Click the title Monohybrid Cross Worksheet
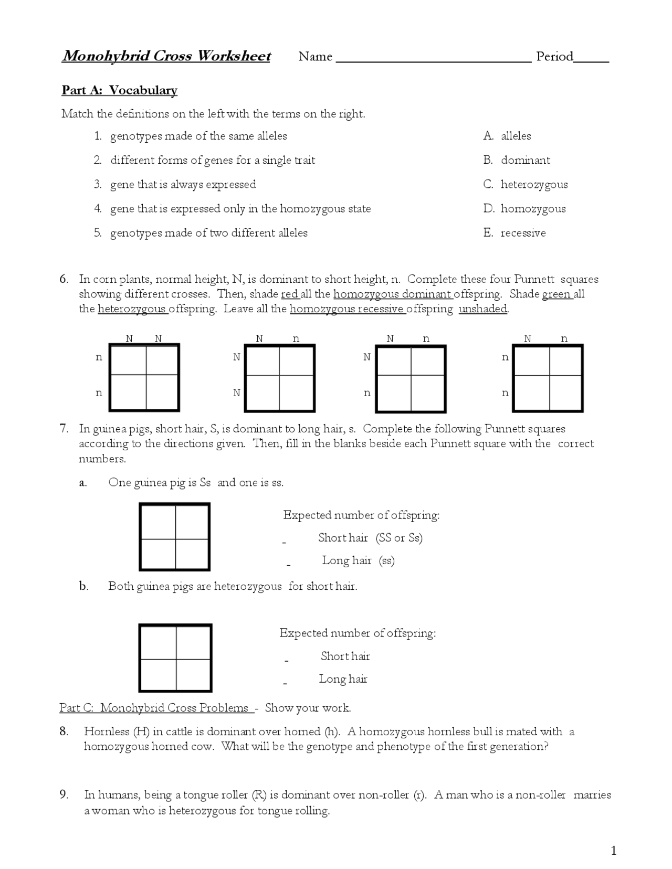click(166, 56)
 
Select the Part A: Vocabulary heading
click(120, 90)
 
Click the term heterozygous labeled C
click(534, 184)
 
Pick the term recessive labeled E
click(523, 233)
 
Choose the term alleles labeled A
click(516, 136)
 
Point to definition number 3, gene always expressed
click(183, 184)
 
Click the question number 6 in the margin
click(64, 279)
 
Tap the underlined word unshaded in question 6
click(483, 309)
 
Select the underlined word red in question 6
click(289, 294)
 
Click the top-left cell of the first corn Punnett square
click(129, 360)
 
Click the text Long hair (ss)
click(358, 560)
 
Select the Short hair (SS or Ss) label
click(370, 538)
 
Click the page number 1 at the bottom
click(613, 851)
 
